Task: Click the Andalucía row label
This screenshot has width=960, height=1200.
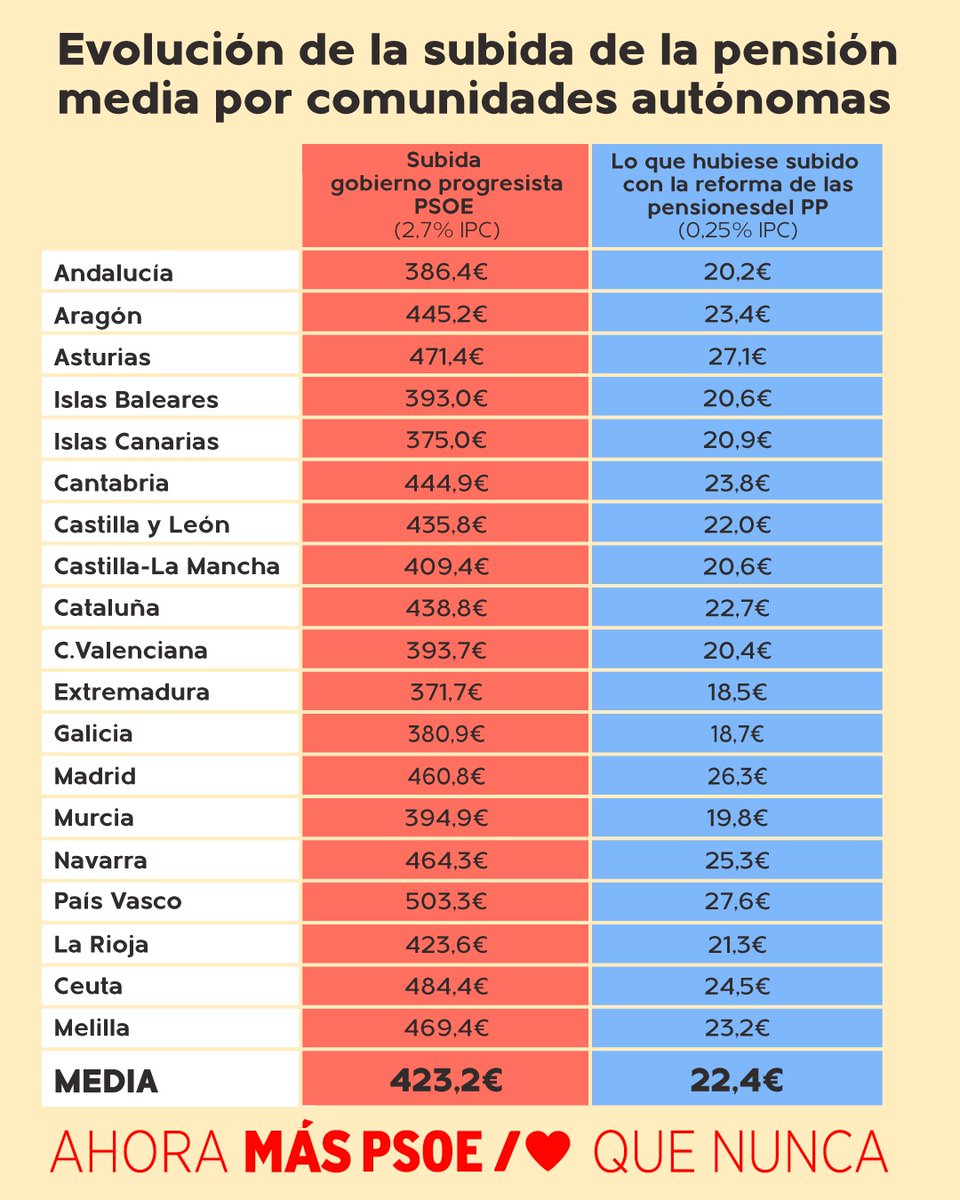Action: tap(113, 273)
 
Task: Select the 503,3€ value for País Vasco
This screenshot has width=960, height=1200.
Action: tap(446, 901)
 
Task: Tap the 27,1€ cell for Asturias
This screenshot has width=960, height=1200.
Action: tap(736, 357)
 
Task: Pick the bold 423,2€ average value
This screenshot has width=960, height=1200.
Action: tap(446, 1080)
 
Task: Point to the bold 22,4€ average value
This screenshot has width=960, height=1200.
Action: tap(736, 1080)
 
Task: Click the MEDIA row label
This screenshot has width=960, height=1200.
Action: tap(106, 1081)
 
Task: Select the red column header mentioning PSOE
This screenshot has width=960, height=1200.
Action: tap(446, 195)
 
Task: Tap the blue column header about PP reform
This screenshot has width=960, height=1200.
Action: tap(736, 195)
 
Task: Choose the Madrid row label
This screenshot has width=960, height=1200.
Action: tap(95, 776)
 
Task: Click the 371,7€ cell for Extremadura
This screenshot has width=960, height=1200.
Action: tap(446, 692)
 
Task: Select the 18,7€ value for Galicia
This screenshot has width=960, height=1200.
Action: tap(736, 734)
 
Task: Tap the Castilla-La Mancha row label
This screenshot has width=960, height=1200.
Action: tap(167, 567)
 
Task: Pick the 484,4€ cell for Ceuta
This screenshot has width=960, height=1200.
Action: tap(446, 986)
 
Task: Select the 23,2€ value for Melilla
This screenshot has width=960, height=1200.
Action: tap(736, 1027)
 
